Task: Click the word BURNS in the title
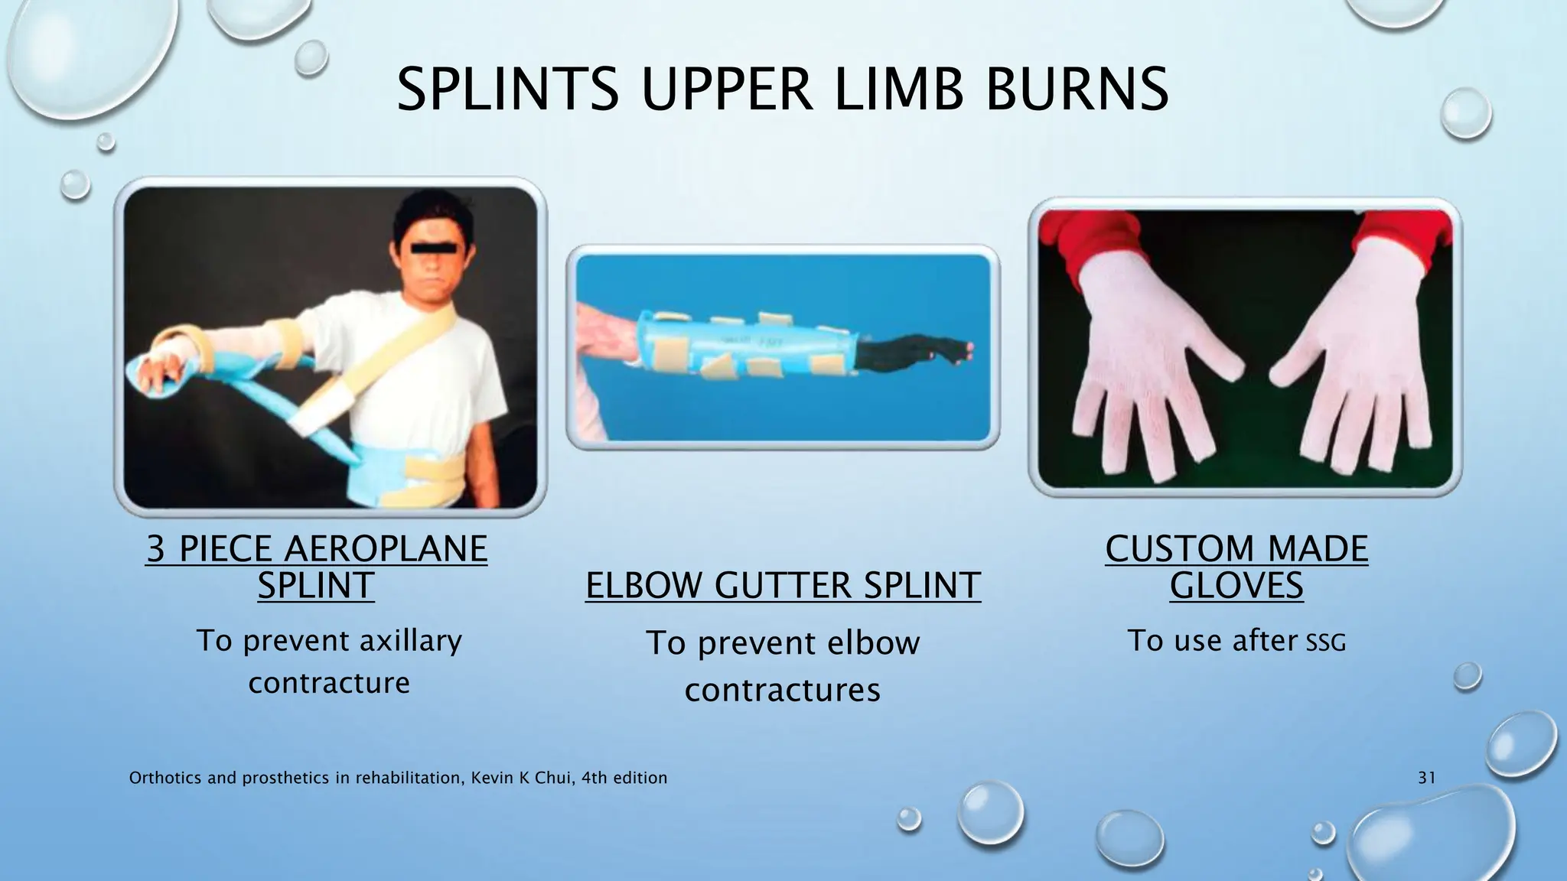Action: tap(1077, 89)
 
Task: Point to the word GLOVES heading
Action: tap(1236, 586)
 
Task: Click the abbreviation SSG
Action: tap(1325, 642)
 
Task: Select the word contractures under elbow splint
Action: tap(782, 690)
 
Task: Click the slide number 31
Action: tap(1426, 778)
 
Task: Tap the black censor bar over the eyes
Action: tap(430, 248)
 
